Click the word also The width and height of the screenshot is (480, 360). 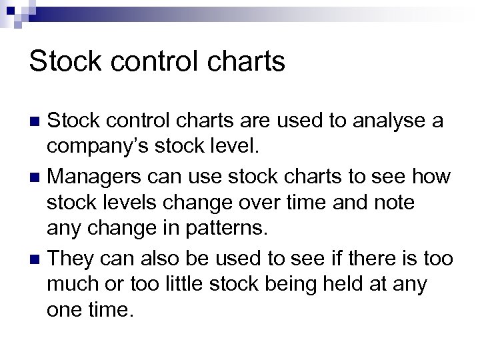coord(166,258)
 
